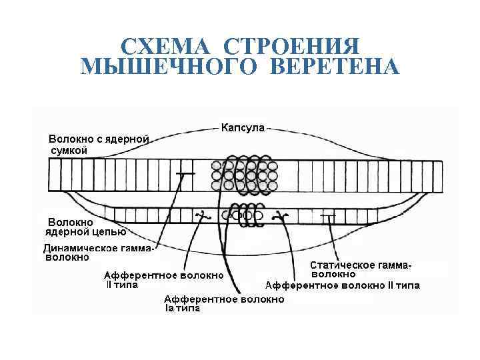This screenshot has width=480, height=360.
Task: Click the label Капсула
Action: tap(243, 127)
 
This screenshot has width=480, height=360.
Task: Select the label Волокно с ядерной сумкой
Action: tap(99, 145)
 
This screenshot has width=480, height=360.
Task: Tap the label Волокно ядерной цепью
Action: tap(85, 227)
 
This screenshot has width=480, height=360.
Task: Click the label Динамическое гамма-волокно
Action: tap(99, 253)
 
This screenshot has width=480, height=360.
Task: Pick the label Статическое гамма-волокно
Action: tap(359, 269)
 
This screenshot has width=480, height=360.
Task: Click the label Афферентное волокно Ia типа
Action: tap(224, 304)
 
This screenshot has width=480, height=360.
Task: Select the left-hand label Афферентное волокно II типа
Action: tap(163, 280)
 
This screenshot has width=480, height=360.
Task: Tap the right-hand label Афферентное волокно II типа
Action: tap(343, 286)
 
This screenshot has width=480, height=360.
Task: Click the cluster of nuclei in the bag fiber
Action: tap(243, 176)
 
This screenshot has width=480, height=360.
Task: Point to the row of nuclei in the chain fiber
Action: tap(245, 215)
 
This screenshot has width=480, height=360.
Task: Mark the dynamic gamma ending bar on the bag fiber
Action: tap(185, 173)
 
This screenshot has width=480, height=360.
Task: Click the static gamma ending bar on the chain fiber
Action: tap(327, 216)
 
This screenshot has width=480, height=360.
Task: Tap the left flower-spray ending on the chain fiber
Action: tap(200, 216)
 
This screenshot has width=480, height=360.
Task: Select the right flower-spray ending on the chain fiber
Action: tap(281, 216)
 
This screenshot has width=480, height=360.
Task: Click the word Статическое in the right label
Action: tap(341, 265)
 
